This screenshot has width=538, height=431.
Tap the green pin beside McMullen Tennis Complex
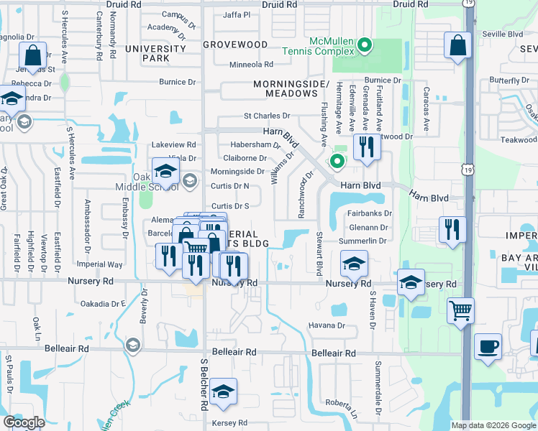365,47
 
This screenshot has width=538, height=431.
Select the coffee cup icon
489,346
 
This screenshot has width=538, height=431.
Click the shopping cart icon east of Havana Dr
460,311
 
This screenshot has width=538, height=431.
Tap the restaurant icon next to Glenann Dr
452,230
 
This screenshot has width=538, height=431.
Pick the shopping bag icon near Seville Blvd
458,45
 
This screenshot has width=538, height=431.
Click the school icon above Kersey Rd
224,391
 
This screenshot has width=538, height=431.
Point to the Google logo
24,422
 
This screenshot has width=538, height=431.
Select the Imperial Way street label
105,264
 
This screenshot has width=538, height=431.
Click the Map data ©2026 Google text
492,425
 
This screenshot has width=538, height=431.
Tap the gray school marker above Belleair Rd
132,346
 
